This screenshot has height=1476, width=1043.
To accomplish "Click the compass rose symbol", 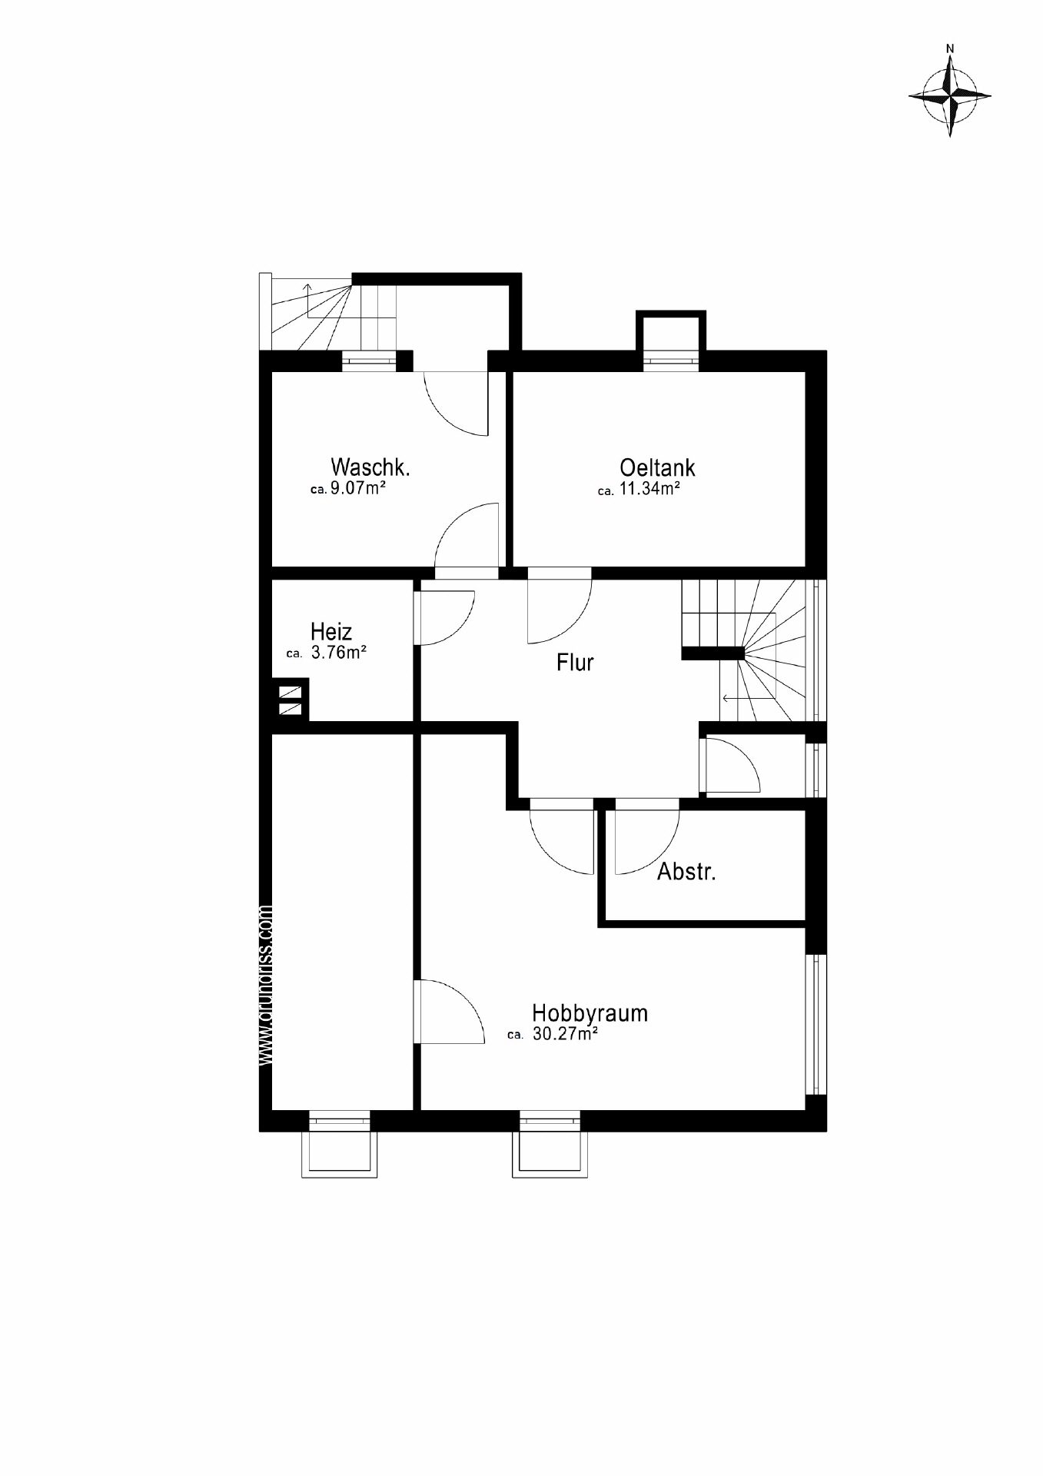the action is tap(950, 96).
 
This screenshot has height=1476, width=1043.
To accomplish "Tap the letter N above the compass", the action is tap(950, 48).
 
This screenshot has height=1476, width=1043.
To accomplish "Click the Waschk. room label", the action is tap(370, 467).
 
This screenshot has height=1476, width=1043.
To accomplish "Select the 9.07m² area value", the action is tap(357, 488).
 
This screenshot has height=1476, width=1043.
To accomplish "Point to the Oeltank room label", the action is tap(657, 467).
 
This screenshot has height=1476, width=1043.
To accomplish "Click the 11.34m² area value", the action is tap(649, 489).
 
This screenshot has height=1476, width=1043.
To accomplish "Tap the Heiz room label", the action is tap(331, 632).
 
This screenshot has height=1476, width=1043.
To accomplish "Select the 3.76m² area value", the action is tap(338, 653).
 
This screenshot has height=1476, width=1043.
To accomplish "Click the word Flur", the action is tap(575, 663).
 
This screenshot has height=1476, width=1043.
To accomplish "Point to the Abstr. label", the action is tap(686, 872).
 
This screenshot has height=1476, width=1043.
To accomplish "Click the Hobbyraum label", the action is tap(590, 1013).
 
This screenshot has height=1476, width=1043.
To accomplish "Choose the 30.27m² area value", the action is tap(565, 1035).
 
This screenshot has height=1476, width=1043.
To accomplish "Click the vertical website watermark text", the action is tap(267, 984).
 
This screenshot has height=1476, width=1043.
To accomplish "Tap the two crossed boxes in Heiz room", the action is tap(291, 700).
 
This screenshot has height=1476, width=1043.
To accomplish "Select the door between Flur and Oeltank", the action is tap(559, 607).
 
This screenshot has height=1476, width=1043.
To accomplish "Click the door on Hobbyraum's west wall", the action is tap(450, 1012).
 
